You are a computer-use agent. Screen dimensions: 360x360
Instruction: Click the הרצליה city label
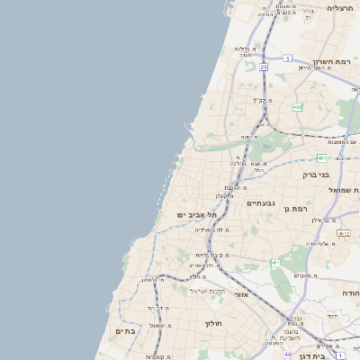click(340, 7)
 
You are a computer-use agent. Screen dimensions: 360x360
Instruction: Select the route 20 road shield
click(264, 67)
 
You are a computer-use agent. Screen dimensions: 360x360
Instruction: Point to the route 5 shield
click(288, 58)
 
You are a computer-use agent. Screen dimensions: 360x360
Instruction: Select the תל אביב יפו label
click(198, 215)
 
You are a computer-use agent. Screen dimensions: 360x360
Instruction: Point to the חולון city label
click(212, 323)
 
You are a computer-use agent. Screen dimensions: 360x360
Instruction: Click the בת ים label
click(124, 331)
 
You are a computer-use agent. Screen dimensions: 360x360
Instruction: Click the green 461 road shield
click(274, 263)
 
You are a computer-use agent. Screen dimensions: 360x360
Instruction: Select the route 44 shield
click(287, 355)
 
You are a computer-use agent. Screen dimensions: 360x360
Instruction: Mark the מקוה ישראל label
click(211, 290)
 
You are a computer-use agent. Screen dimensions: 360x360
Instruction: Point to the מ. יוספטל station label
click(159, 325)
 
